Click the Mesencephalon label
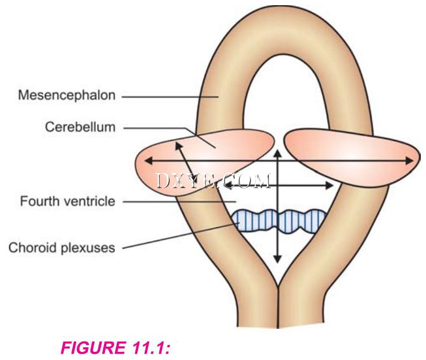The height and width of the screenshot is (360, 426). point(67,96)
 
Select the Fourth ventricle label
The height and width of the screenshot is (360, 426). point(68,201)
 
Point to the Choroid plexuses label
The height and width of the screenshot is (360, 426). point(62,248)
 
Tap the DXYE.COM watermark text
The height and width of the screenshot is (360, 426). point(213,181)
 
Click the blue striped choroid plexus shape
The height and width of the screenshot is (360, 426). point(279,220)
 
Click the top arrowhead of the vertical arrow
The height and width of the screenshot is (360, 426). point(278,152)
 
